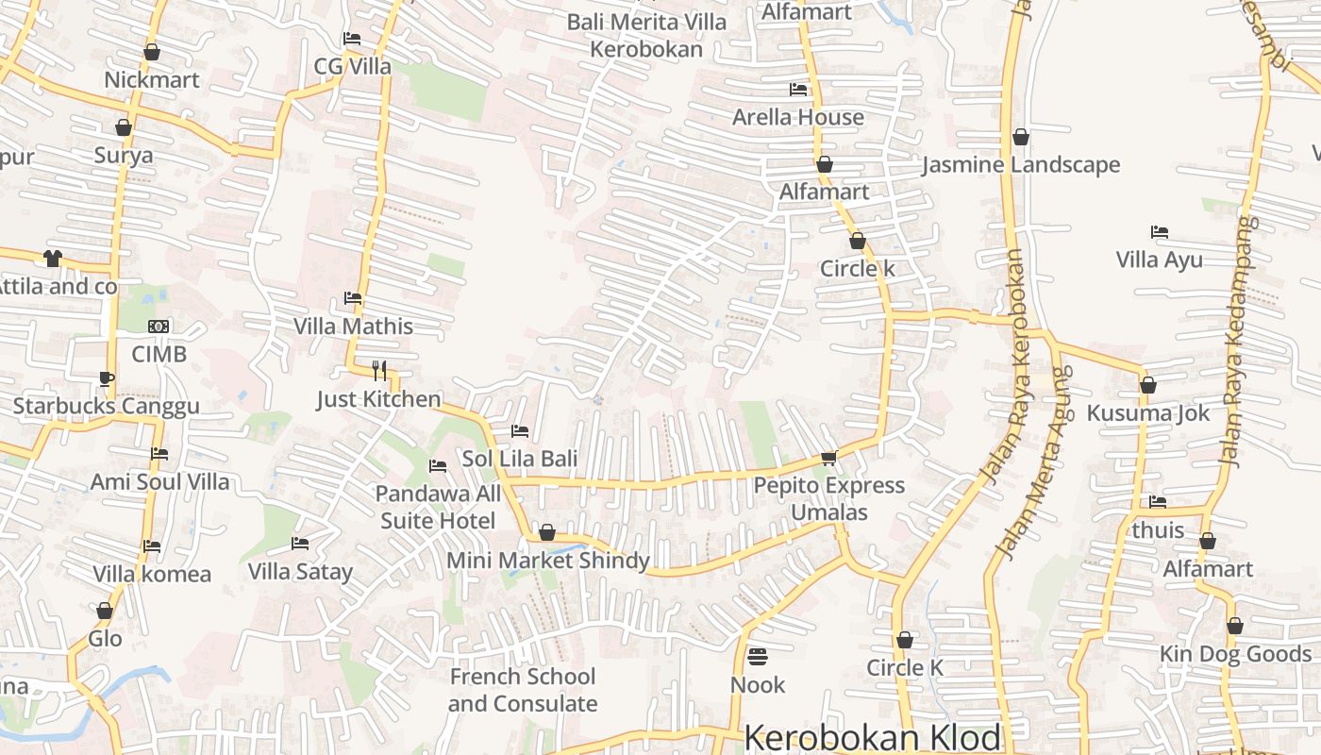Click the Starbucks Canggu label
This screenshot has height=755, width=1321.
(106, 407)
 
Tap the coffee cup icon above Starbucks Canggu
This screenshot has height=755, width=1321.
(107, 378)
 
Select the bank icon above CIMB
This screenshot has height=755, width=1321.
(159, 327)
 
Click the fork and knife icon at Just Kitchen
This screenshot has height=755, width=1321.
(379, 370)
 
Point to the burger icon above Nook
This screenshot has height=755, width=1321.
(758, 656)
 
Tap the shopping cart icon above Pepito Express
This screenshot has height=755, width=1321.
(828, 458)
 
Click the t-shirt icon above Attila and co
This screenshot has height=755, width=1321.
(52, 258)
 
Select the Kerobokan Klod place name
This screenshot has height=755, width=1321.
(872, 737)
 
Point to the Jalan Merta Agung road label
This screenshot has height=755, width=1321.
(1034, 462)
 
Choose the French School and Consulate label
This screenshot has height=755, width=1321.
(522, 690)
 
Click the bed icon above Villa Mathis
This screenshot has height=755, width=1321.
(353, 298)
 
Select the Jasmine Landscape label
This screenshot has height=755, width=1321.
(1021, 165)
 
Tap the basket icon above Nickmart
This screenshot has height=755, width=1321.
(152, 52)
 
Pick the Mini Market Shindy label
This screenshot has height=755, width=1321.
(547, 561)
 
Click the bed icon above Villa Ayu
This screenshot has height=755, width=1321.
(1160, 232)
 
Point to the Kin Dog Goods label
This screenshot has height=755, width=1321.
(1235, 654)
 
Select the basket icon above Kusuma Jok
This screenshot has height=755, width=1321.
(1148, 385)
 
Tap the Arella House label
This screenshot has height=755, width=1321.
(798, 117)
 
